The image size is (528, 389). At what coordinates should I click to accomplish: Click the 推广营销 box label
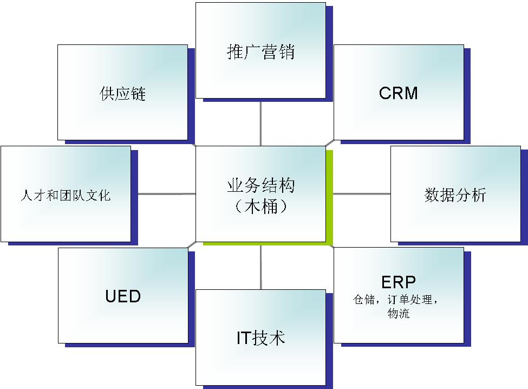[x=260, y=53]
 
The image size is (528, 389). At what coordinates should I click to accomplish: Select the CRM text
[x=399, y=93]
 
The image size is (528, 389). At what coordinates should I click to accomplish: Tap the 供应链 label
[x=123, y=94]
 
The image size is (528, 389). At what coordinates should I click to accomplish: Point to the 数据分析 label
[x=455, y=195]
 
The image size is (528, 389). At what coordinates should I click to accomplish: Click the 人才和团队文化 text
[x=66, y=195]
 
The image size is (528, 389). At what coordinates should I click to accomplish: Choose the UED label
[x=123, y=296]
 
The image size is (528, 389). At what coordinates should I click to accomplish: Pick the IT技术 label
[x=260, y=338]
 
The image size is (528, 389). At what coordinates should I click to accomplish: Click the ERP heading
[x=399, y=282]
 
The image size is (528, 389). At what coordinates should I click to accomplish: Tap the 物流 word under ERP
[x=399, y=313]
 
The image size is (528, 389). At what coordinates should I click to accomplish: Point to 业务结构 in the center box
[x=260, y=186]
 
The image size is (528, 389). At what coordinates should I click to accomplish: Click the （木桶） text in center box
[x=260, y=206]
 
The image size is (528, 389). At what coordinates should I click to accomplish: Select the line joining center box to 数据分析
[x=362, y=193]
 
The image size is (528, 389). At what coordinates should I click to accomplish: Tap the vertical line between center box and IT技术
[x=260, y=268]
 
